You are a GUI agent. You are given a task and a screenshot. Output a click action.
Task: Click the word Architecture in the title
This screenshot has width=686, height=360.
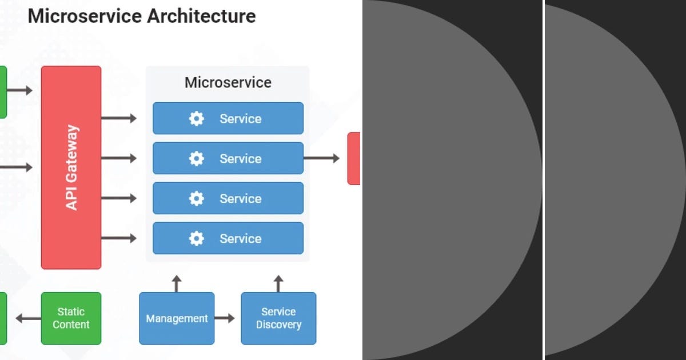201,16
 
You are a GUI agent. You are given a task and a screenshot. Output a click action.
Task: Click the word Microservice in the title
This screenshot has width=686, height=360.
85,16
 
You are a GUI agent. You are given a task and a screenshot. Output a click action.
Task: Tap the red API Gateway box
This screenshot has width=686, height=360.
71,167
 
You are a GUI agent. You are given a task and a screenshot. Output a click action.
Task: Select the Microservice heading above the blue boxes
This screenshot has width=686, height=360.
228,83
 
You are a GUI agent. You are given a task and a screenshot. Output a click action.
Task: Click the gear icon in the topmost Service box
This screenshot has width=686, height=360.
196,119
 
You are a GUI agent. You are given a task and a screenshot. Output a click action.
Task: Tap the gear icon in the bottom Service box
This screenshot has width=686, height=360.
196,239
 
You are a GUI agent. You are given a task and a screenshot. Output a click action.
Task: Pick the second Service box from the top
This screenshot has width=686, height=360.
228,158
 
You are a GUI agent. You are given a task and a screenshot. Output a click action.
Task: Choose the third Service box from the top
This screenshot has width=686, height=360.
228,198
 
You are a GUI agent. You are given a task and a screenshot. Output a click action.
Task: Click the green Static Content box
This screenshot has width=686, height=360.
71,318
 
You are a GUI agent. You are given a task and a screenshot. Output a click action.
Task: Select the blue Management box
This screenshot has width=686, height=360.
177,318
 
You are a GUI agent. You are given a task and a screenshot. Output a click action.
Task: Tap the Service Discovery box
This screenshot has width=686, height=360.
278,318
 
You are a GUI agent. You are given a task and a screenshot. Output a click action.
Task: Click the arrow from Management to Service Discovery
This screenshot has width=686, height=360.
225,318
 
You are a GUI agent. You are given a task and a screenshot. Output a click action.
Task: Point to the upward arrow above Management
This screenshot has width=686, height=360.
177,283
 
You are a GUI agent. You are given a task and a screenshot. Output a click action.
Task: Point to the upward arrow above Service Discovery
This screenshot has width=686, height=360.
278,283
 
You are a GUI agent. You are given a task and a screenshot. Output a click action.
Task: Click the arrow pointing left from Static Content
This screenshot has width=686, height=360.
28,318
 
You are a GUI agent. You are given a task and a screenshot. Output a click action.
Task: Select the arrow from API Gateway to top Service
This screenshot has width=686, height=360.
119,118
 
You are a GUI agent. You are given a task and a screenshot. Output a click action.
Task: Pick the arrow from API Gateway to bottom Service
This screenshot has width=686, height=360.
119,238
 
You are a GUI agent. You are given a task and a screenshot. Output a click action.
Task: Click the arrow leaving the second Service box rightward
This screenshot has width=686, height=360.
321,158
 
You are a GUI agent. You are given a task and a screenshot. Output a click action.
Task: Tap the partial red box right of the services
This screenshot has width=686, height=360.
354,158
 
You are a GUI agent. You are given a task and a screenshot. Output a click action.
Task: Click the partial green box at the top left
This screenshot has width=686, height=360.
3,91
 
